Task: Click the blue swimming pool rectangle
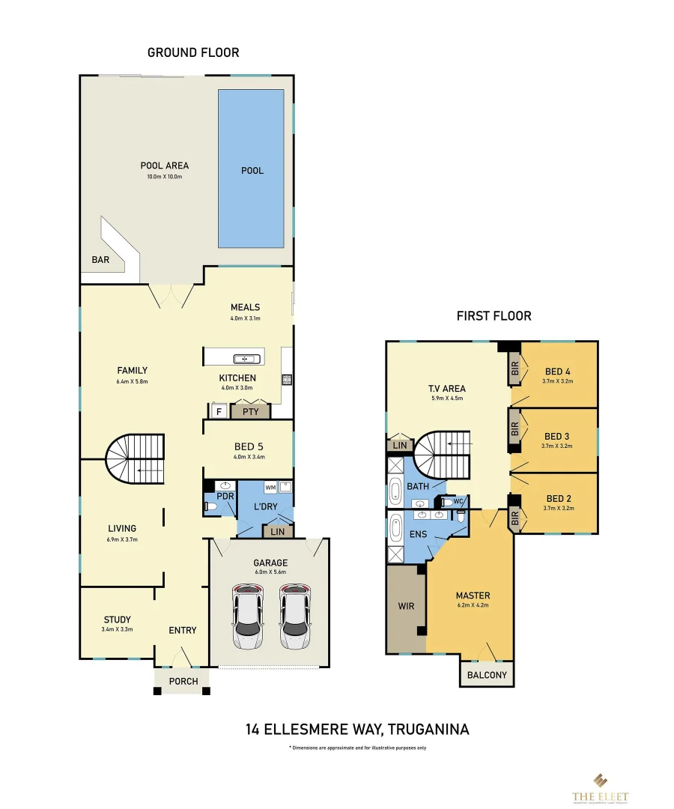pyautogui.click(x=251, y=169)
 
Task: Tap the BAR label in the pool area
pyautogui.click(x=100, y=259)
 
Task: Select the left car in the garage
pyautogui.click(x=248, y=616)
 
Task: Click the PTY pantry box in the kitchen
pyautogui.click(x=250, y=411)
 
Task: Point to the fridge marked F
pyautogui.click(x=219, y=411)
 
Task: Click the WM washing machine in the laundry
pyautogui.click(x=270, y=487)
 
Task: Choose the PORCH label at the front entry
pyautogui.click(x=183, y=681)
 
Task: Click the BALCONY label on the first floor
pyautogui.click(x=487, y=675)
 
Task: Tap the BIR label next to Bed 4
pyautogui.click(x=514, y=371)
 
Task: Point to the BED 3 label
pyautogui.click(x=557, y=436)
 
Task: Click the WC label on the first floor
pyautogui.click(x=458, y=500)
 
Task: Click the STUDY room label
pyautogui.click(x=117, y=619)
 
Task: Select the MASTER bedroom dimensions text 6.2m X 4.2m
pyautogui.click(x=473, y=605)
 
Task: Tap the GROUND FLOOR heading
pyautogui.click(x=193, y=52)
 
